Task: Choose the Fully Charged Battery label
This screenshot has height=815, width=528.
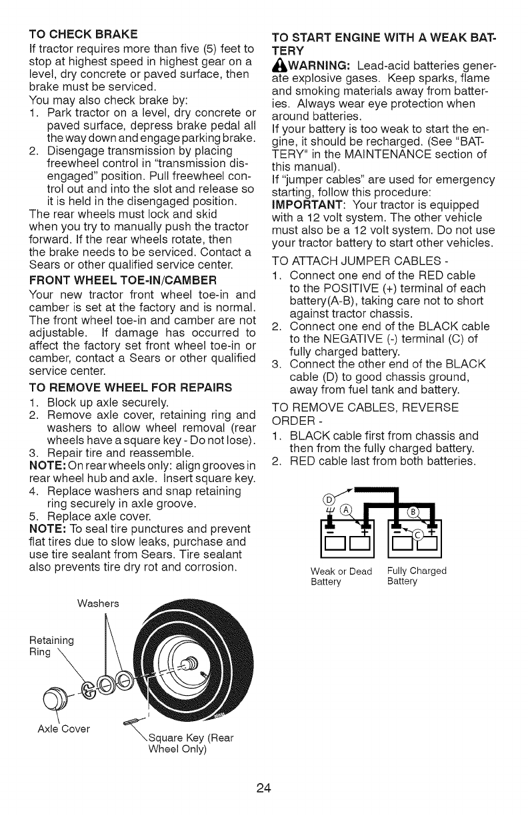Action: [417, 576]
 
